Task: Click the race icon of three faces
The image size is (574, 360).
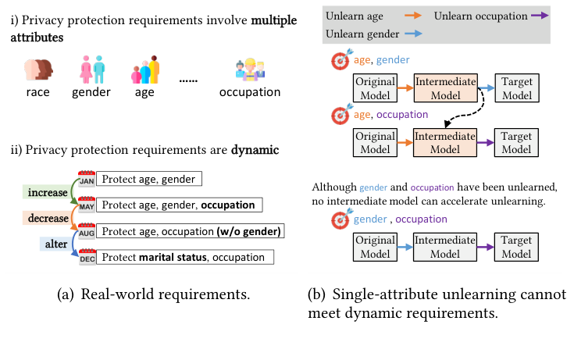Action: click(38, 70)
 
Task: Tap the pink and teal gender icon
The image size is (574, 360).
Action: click(92, 70)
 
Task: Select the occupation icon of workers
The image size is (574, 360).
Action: click(251, 70)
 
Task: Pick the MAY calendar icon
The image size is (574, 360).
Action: click(87, 205)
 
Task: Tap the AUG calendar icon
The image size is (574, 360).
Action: click(87, 231)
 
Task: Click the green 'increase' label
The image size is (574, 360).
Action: click(46, 192)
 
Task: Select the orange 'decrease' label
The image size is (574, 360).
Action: click(46, 219)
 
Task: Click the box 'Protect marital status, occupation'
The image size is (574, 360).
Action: click(186, 257)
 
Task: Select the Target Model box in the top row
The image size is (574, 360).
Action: click(516, 88)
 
